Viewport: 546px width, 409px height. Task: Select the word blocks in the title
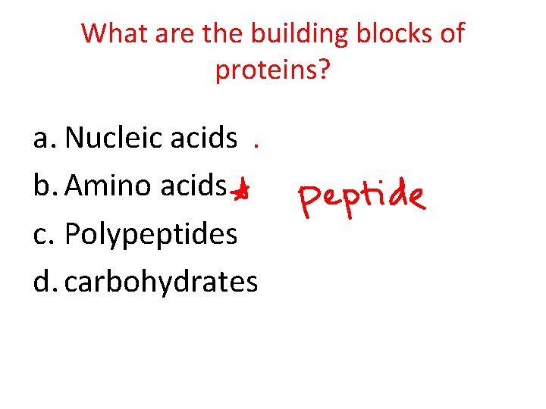391,34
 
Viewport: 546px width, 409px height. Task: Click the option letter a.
44,139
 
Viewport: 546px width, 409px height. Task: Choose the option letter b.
45,186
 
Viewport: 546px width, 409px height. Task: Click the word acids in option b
195,186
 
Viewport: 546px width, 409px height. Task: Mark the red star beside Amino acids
240,192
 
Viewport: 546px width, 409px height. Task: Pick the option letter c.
43,234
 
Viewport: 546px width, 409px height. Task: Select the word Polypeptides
151,236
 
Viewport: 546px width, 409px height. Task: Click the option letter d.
45,282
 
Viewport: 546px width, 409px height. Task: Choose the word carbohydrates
162,282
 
